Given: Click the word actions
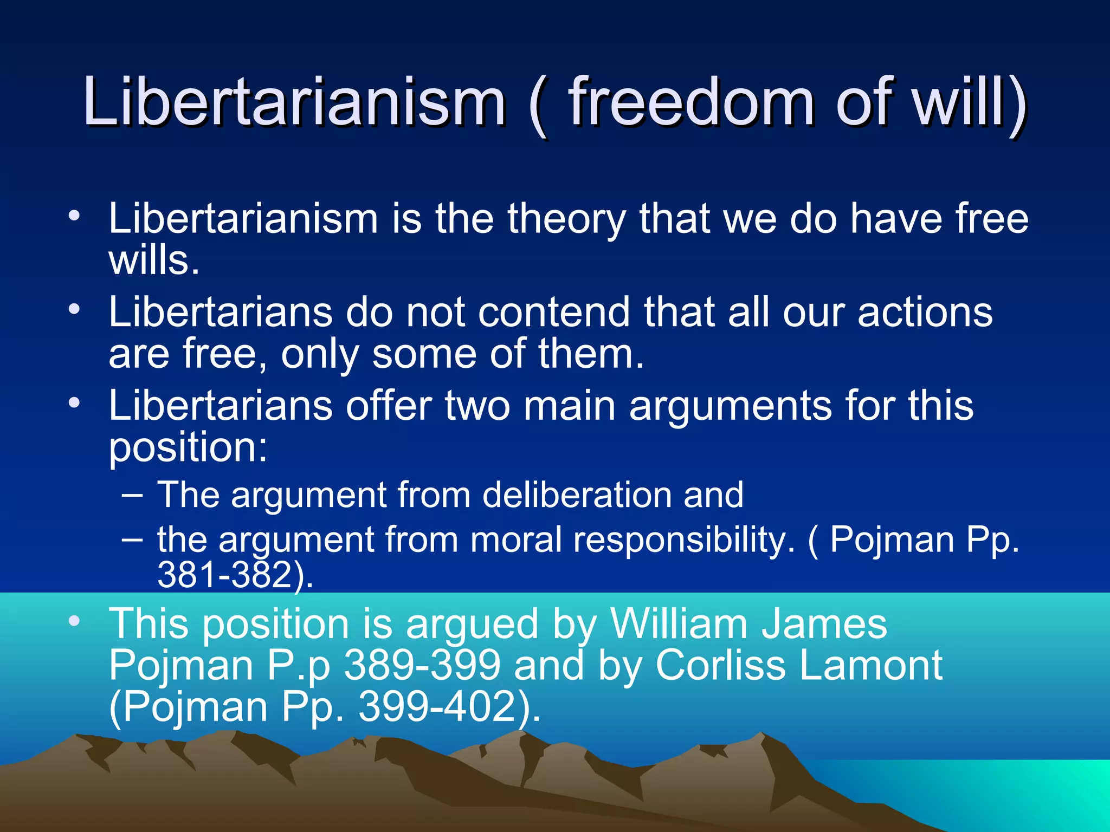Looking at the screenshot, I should pyautogui.click(x=925, y=313).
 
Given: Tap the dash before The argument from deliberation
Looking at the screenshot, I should pyautogui.click(x=133, y=495).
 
